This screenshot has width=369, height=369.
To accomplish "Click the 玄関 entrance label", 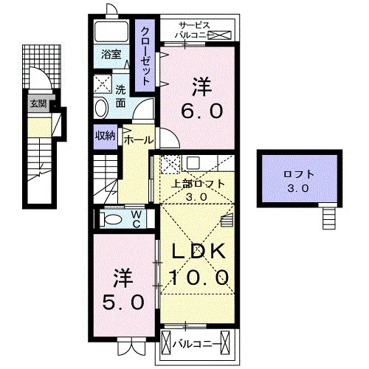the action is pyautogui.click(x=38, y=104).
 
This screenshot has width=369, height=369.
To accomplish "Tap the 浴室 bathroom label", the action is pyautogui.click(x=111, y=55).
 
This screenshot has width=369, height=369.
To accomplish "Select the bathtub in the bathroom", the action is pyautogui.click(x=111, y=32).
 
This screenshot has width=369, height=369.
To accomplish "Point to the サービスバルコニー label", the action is pyautogui.click(x=193, y=30).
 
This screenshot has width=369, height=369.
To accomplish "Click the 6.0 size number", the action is pyautogui.click(x=202, y=111).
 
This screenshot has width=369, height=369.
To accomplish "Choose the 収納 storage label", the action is pyautogui.click(x=106, y=135).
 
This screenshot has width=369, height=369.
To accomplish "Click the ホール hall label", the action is pyautogui.click(x=139, y=140).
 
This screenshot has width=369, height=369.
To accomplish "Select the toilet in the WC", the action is pyautogui.click(x=111, y=218).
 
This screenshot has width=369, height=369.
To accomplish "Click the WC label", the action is pyautogui.click(x=136, y=219).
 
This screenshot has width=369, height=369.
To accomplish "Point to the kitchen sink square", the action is pyautogui.click(x=193, y=162).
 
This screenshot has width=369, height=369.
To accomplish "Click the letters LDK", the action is pyautogui.click(x=199, y=252).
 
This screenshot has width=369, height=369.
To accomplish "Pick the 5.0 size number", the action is pyautogui.click(x=123, y=303).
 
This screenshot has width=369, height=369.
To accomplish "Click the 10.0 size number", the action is pyautogui.click(x=200, y=277).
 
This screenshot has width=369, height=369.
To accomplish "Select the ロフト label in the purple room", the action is pyautogui.click(x=299, y=175).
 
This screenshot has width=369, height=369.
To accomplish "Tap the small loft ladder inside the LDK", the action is pyautogui.click(x=227, y=220).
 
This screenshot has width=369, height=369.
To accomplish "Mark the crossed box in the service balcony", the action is pyautogui.click(x=221, y=35).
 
